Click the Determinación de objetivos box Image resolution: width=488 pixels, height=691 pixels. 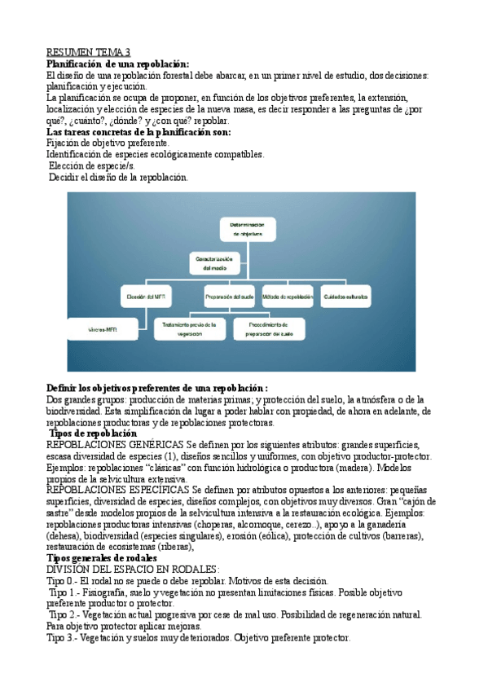(248, 227)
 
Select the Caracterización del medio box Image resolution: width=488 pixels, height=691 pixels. (214, 262)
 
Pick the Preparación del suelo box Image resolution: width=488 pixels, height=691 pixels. (229, 297)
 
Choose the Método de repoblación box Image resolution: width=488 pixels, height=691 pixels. (288, 297)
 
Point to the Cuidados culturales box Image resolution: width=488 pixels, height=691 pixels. (345, 297)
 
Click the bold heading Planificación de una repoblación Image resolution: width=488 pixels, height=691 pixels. (117, 64)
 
